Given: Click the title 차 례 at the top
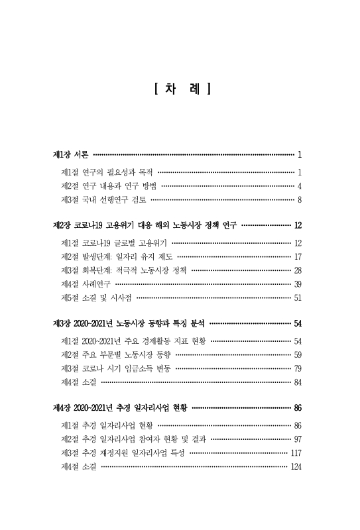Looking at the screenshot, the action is [181, 88].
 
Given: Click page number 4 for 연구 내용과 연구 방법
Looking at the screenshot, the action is [300, 185].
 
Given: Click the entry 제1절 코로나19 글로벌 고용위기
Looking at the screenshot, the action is [113, 242].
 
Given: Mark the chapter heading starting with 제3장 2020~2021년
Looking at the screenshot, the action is [130, 324].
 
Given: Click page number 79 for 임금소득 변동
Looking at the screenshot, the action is [298, 368].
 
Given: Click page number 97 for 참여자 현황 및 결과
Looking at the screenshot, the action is [298, 439].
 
